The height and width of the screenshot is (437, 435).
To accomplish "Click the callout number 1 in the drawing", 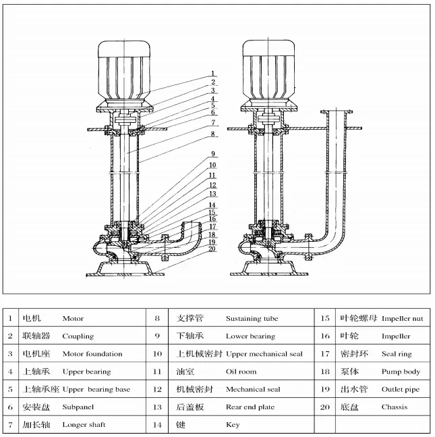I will point(212,73).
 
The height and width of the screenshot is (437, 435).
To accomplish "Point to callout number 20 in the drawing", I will point(212,248).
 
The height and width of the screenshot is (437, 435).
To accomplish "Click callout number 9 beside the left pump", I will point(212,153).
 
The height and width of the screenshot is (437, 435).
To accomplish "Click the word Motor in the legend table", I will point(73,318).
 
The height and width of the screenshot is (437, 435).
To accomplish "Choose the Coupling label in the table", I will point(78,336).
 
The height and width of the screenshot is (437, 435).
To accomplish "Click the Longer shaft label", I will point(84,426).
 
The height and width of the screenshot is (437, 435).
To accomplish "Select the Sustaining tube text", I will point(252,318).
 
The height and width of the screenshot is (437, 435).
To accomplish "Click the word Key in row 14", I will point(231,426).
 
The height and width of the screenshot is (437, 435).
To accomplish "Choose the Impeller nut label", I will point(402,318).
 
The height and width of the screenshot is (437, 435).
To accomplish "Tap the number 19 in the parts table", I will point(324,390).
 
